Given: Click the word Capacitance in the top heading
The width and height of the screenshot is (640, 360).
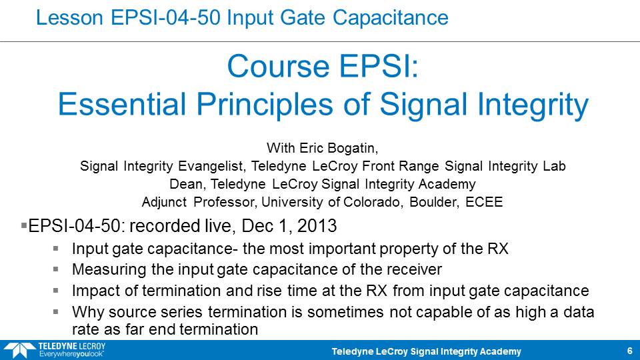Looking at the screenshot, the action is coord(390,17).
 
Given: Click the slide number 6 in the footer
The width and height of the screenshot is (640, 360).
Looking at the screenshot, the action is coord(630,351).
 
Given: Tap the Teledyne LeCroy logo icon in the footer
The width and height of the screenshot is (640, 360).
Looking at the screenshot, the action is coord(19,350).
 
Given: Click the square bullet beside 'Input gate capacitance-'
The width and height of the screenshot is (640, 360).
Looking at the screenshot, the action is coord(55,248).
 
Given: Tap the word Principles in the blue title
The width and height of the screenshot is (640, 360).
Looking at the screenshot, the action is coord(265,105).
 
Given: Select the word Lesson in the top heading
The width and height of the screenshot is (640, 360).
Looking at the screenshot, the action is coord(69,17).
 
